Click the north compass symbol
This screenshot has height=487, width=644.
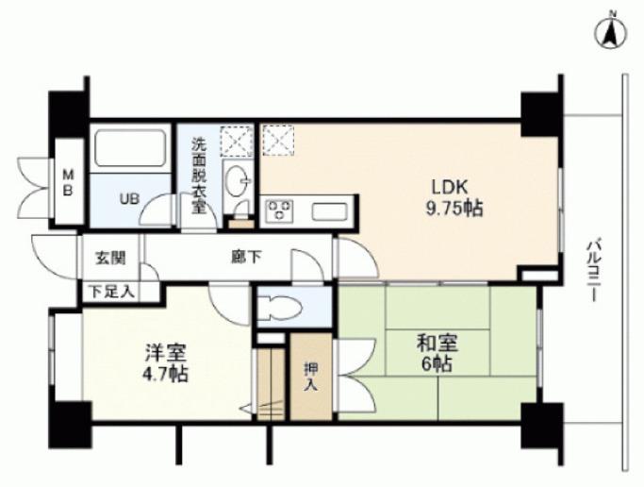(x=611, y=32)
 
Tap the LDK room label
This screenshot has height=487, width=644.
(x=450, y=188)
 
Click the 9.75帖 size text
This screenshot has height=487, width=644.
(x=454, y=210)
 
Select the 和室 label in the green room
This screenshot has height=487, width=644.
(x=438, y=344)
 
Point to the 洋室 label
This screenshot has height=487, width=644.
(x=166, y=353)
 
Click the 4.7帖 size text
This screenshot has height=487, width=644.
(x=165, y=375)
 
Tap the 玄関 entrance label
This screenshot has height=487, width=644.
(x=110, y=259)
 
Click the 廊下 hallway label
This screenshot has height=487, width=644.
(x=246, y=258)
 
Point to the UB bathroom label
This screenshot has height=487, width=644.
(x=129, y=199)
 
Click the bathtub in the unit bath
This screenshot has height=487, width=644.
(x=130, y=148)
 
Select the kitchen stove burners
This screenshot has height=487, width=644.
(x=280, y=210)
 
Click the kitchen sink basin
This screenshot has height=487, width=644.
(x=329, y=211)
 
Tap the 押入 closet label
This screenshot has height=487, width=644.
(x=311, y=376)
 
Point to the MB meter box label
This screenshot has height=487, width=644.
(x=68, y=183)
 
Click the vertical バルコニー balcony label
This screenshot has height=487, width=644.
(x=593, y=272)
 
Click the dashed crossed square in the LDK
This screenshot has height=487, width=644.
(x=278, y=141)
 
